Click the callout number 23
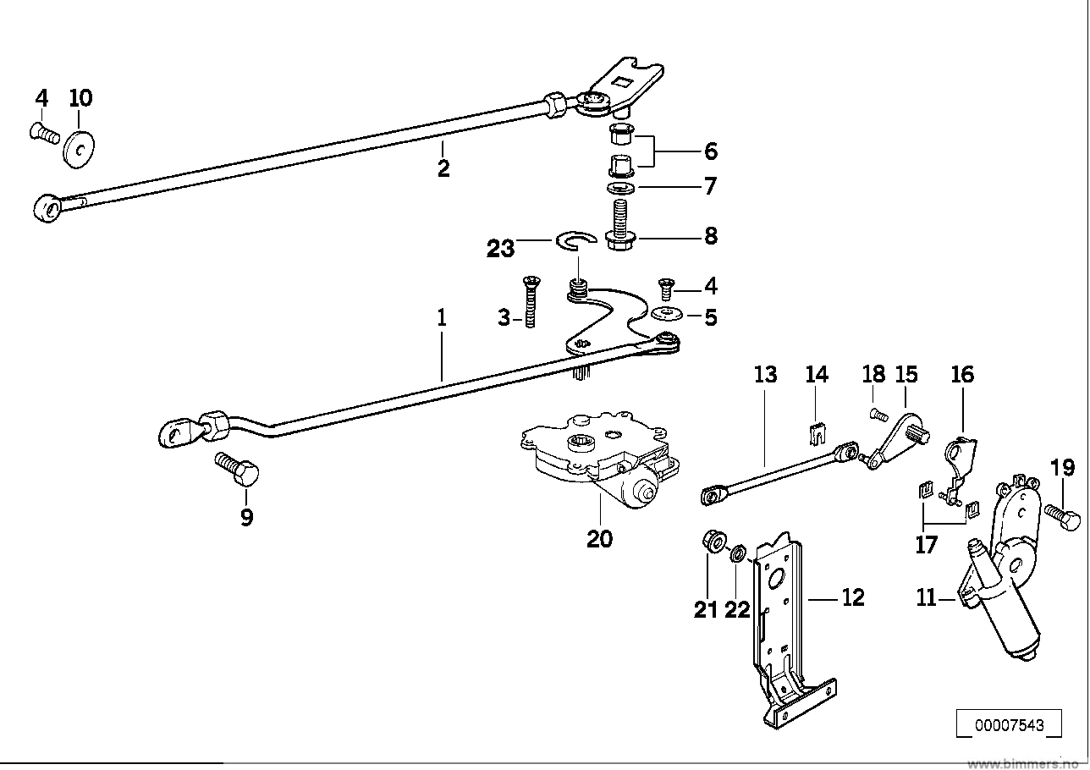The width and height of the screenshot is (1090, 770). pos(500,249)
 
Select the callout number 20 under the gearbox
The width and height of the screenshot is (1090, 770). pos(599,539)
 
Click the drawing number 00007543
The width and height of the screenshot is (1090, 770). pos(1010,725)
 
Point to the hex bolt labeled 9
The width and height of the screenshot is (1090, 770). pos(237,469)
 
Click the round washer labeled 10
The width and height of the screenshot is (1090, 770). pos(79,147)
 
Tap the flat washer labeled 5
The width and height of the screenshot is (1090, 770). pos(667,314)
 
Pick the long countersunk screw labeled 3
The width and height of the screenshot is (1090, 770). pos(530,302)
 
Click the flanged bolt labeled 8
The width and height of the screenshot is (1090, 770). pos(619,227)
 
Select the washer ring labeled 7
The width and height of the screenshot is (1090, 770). pos(621,188)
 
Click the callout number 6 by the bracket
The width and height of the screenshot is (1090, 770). pos(711,151)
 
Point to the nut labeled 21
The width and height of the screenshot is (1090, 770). pos(714,541)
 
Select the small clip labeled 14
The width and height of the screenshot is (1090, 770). pos(817,433)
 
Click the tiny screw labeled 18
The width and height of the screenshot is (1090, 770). pos(878,415)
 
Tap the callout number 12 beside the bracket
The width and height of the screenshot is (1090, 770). pos(853,598)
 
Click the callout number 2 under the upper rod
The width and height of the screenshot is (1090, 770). pos(443,168)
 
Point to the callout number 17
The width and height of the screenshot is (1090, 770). pos(926,545)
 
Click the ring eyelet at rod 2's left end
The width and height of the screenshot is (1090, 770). pos(47,207)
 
